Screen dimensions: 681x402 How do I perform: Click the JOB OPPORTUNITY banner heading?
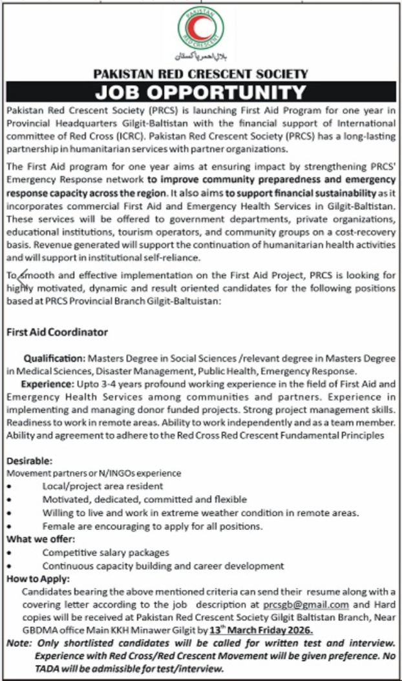[x=201, y=93]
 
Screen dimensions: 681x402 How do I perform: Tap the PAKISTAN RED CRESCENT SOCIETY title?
[x=201, y=74]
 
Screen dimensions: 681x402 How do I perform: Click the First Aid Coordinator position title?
[x=57, y=332]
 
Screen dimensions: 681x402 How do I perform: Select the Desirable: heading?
[x=30, y=461]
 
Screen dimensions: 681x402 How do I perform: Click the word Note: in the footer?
[x=19, y=644]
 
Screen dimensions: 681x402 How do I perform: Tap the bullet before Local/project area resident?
[x=10, y=487]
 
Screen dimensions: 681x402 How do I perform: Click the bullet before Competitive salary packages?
[x=10, y=553]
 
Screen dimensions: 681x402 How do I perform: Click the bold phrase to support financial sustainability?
[x=304, y=193]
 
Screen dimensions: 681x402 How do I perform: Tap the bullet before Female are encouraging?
[x=10, y=526]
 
